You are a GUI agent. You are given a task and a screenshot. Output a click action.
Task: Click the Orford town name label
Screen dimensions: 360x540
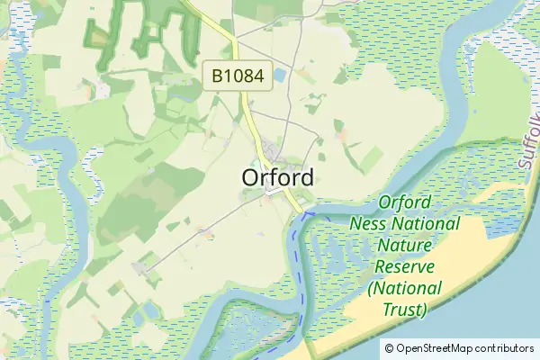coord(277,177)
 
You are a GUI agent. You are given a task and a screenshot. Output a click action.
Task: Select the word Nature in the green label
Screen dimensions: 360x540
coord(406,246)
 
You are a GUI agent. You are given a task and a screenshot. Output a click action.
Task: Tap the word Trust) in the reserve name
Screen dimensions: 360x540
coord(405,310)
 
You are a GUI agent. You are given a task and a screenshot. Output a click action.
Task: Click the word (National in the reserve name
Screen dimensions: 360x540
coord(405,289)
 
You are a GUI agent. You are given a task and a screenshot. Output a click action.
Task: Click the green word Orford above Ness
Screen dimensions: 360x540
coord(405,202)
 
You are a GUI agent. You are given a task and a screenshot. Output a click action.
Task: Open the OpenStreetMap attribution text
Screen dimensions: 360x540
coord(458,348)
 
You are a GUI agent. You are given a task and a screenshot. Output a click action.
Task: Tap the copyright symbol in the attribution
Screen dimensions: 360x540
coord(390,348)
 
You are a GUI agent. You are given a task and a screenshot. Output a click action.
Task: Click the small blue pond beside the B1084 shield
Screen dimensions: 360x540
coord(279,76)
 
